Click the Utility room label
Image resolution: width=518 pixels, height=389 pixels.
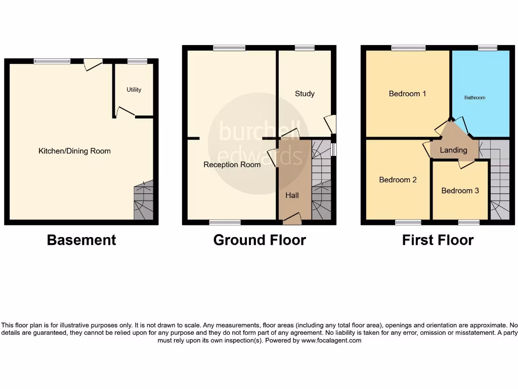click(134, 90)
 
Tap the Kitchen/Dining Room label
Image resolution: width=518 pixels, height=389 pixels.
click(74, 151)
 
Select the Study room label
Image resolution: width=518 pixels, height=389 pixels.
click(305, 94)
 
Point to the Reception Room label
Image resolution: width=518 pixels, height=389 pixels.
click(232, 165)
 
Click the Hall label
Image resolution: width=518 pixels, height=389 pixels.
click(292, 196)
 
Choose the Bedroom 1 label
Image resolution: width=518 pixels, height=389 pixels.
click(407, 94)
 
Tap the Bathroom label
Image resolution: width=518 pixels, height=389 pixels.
click(474, 98)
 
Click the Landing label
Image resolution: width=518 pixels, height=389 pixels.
click(453, 150)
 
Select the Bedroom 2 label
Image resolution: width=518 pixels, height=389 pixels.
click(398, 180)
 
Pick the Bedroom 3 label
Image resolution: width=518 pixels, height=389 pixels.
click(460, 191)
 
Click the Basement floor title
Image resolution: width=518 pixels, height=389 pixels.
click(81, 240)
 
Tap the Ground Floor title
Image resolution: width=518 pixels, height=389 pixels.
click(260, 240)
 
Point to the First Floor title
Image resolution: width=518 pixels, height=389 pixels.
click(438, 240)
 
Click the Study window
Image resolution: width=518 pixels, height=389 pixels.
click(304, 48)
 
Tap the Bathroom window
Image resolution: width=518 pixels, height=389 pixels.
click(487, 48)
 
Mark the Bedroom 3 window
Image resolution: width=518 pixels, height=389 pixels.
click(468, 222)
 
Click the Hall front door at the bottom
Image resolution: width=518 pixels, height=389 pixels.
click(292, 219)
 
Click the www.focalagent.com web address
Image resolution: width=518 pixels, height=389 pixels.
click(331, 341)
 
